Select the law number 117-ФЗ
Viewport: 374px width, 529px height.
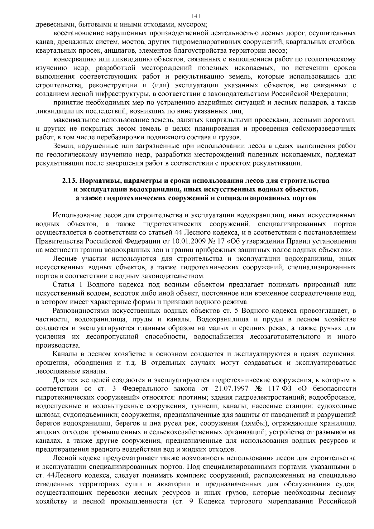click(x=280, y=389)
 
